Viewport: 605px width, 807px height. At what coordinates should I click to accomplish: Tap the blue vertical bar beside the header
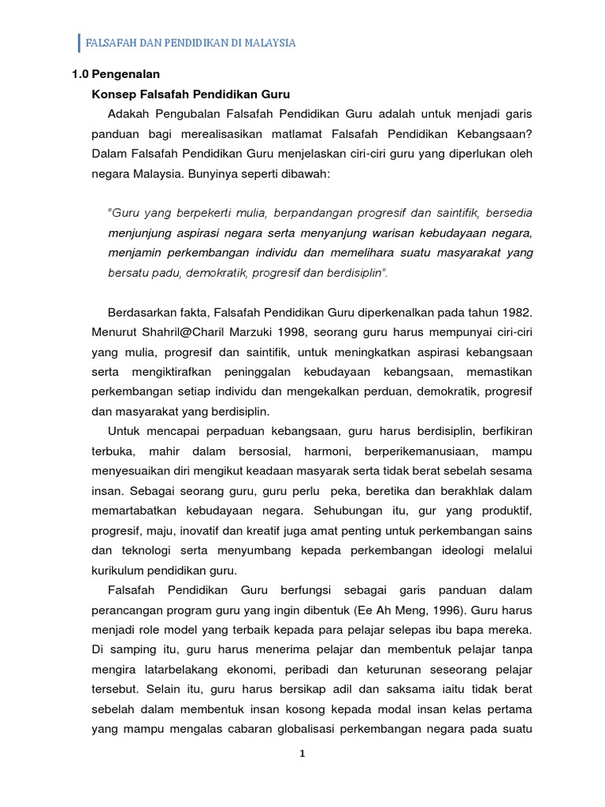tap(80, 43)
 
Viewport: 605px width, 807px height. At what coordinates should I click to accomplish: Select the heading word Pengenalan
tap(126, 75)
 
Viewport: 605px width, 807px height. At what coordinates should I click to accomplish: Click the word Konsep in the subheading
tap(112, 94)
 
